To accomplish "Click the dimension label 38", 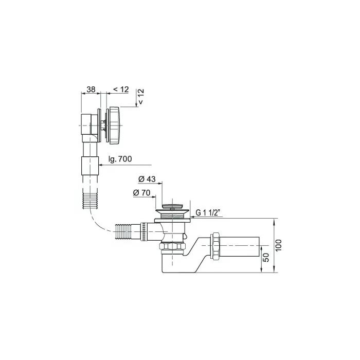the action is coord(91,89).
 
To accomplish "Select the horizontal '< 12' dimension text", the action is coord(121,89).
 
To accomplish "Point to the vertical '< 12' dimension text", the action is coord(140,96).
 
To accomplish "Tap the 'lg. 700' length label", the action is coord(120,159).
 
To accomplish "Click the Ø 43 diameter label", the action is coord(147,179).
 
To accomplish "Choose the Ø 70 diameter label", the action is coord(141,193).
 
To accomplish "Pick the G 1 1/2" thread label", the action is coord(209,213).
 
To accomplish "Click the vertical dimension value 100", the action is coord(278,245).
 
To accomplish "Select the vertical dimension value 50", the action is coord(265,258).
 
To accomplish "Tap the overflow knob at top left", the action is coord(114,125).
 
